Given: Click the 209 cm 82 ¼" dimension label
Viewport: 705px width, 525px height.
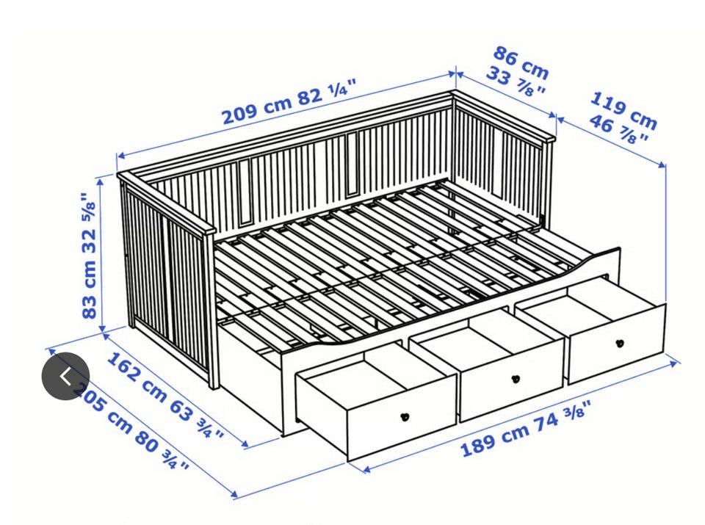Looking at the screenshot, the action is pyautogui.click(x=289, y=101).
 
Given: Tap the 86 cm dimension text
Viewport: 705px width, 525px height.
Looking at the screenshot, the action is pyautogui.click(x=521, y=62).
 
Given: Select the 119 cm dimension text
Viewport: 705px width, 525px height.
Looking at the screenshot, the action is pyautogui.click(x=623, y=109).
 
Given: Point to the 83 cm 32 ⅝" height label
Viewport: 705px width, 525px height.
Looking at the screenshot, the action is pyautogui.click(x=89, y=256).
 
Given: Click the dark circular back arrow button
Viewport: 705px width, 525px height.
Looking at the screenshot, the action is pyautogui.click(x=65, y=376).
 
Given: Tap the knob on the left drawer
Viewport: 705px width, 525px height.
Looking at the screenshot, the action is pyautogui.click(x=405, y=417).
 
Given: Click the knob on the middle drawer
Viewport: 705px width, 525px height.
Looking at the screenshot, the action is pyautogui.click(x=516, y=379).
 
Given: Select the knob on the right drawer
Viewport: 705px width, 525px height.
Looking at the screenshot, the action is pyautogui.click(x=620, y=344).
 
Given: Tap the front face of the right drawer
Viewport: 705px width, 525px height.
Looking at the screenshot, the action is pyautogui.click(x=617, y=344).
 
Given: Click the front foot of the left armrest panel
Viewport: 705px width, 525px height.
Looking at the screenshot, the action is pyautogui.click(x=214, y=381).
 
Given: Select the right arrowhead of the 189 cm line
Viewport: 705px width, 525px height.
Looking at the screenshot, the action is pyautogui.click(x=673, y=363).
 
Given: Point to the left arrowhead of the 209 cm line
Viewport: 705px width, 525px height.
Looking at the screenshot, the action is pyautogui.click(x=121, y=156).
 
